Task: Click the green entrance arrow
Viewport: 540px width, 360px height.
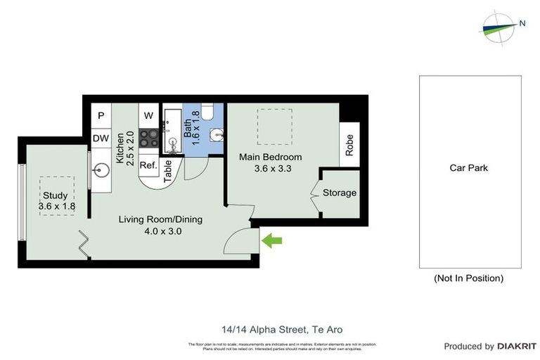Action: point(272,241)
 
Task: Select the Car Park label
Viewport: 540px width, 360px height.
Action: point(469,168)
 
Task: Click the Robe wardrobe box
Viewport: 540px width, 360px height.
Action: point(349,145)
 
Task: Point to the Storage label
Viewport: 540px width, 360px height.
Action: point(340,193)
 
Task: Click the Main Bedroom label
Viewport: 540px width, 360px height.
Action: point(271,157)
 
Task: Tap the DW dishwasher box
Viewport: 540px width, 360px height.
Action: point(101,139)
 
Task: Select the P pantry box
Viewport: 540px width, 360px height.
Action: point(101,115)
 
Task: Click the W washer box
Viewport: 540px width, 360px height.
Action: point(148,115)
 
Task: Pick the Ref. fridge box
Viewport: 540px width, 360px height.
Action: point(148,165)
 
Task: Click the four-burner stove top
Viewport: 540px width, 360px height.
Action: point(148,139)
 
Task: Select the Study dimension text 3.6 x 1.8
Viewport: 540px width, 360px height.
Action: point(57,206)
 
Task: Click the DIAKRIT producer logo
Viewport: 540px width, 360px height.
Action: point(517,346)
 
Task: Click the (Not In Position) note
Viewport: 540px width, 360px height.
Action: point(469,278)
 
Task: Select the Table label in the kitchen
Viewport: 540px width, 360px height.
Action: point(168,171)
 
